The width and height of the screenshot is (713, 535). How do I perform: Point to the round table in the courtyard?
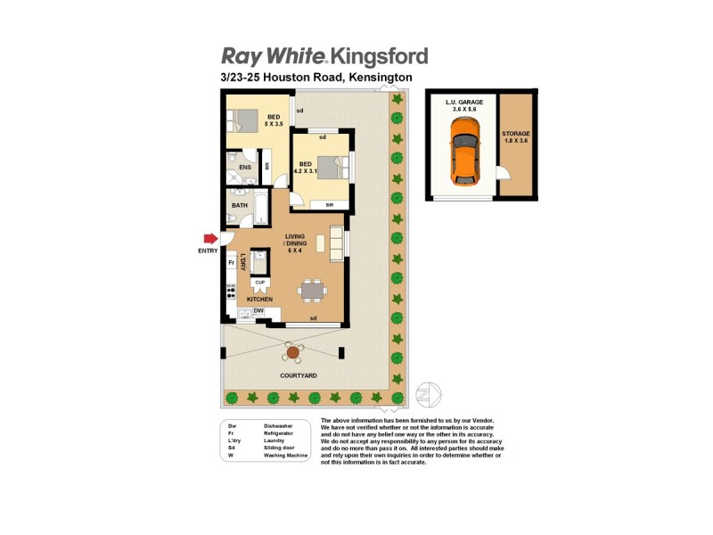point(293,353)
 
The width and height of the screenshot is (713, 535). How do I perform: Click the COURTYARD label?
point(299,376)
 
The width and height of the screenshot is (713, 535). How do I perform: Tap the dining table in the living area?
point(312,289)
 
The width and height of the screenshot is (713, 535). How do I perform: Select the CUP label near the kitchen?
point(260,283)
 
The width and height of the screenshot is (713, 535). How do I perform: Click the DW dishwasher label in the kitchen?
point(258,310)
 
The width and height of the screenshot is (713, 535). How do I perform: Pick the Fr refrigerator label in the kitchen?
point(231,264)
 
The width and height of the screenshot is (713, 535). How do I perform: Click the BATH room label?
point(240,206)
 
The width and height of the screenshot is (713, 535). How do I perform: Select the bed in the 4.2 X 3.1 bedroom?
point(331,167)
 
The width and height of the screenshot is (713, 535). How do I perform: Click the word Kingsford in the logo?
point(379,57)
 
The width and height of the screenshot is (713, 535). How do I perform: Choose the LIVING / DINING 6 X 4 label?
point(295,243)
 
